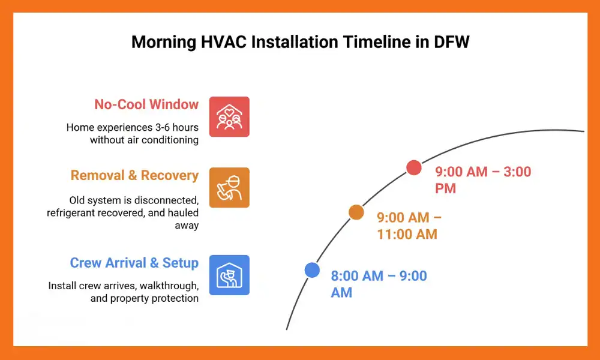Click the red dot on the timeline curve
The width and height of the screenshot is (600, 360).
[x=413, y=167]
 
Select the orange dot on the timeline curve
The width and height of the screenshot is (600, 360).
[x=356, y=212]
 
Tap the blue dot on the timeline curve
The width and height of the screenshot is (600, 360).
[x=312, y=270]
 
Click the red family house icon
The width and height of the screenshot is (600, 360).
[x=229, y=116]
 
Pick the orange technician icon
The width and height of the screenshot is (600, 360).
[x=229, y=187]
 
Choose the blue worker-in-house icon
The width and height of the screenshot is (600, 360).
[x=229, y=275]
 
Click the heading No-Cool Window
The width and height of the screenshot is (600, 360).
[x=146, y=104]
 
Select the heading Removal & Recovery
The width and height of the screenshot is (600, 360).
[x=134, y=175]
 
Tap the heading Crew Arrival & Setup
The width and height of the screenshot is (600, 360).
[x=134, y=263]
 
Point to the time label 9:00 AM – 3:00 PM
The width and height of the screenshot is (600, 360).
[x=483, y=180]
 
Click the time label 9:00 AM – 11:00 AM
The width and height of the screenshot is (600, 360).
[x=409, y=226]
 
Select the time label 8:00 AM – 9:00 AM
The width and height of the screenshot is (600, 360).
[x=379, y=284]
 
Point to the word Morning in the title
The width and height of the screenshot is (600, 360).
[x=163, y=42]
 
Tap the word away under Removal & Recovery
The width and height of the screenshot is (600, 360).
[x=187, y=226]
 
